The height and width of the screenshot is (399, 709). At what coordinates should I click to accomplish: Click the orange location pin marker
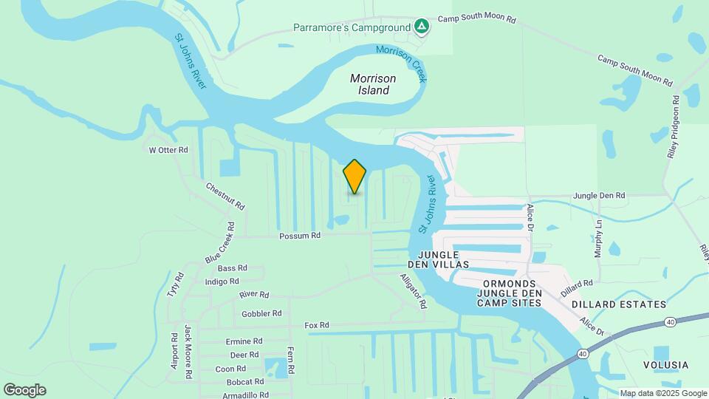(354, 177)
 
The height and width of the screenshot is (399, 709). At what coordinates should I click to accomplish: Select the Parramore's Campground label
(352, 28)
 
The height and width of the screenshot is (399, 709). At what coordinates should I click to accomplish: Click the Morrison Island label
(373, 84)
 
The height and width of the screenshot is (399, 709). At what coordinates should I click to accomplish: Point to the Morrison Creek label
(403, 62)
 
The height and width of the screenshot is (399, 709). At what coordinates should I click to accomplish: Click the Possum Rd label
(300, 236)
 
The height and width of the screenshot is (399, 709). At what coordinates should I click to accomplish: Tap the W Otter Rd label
(168, 149)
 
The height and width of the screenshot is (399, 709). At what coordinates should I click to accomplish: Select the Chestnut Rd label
(225, 197)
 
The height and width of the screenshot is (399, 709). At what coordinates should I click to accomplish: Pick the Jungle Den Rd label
(599, 196)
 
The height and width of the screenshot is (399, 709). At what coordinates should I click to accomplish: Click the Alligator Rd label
(414, 291)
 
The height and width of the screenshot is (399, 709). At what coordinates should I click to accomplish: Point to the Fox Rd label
(317, 325)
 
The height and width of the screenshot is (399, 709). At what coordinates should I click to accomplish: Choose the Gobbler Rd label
(261, 313)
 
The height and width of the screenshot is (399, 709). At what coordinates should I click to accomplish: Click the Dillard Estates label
(618, 304)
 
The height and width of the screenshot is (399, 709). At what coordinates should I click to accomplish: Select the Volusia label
(665, 365)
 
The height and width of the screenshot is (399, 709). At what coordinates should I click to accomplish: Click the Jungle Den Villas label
(439, 259)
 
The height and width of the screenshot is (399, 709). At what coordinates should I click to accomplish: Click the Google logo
(24, 390)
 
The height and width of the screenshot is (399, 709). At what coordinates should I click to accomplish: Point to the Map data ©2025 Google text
(663, 393)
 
